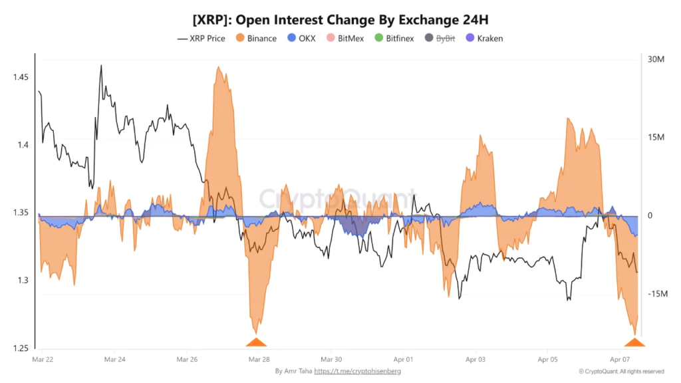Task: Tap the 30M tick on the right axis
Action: [656, 59]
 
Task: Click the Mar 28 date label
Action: [259, 360]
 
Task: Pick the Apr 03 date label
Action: [476, 360]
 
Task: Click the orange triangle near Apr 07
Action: [634, 342]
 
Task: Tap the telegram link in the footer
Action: [357, 371]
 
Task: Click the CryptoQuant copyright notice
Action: [621, 371]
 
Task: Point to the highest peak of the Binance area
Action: [218, 66]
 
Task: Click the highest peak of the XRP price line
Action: [101, 65]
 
